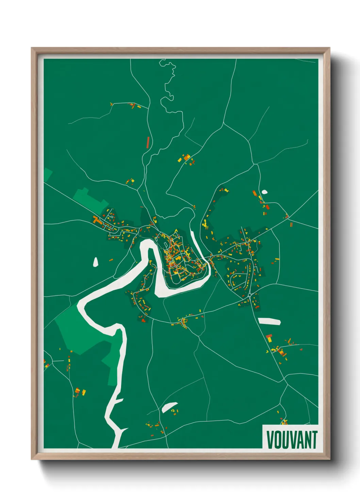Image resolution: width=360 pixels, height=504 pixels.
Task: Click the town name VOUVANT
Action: click(292, 440)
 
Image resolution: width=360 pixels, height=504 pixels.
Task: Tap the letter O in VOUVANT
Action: click(278, 440)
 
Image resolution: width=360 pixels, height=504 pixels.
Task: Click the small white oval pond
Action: click(264, 192)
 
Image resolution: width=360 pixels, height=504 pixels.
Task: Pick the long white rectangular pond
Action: click(269, 321)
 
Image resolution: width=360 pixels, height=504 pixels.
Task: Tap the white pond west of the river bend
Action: click(96, 262)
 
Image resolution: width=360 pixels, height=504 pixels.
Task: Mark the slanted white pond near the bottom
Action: click(169, 407)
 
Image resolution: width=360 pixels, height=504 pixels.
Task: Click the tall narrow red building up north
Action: click(148, 142)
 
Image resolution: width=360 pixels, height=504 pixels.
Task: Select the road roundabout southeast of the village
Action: click(250, 295)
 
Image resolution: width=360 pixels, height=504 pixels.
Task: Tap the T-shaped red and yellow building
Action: click(269, 338)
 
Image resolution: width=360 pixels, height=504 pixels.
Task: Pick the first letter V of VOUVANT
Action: click(270, 440)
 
